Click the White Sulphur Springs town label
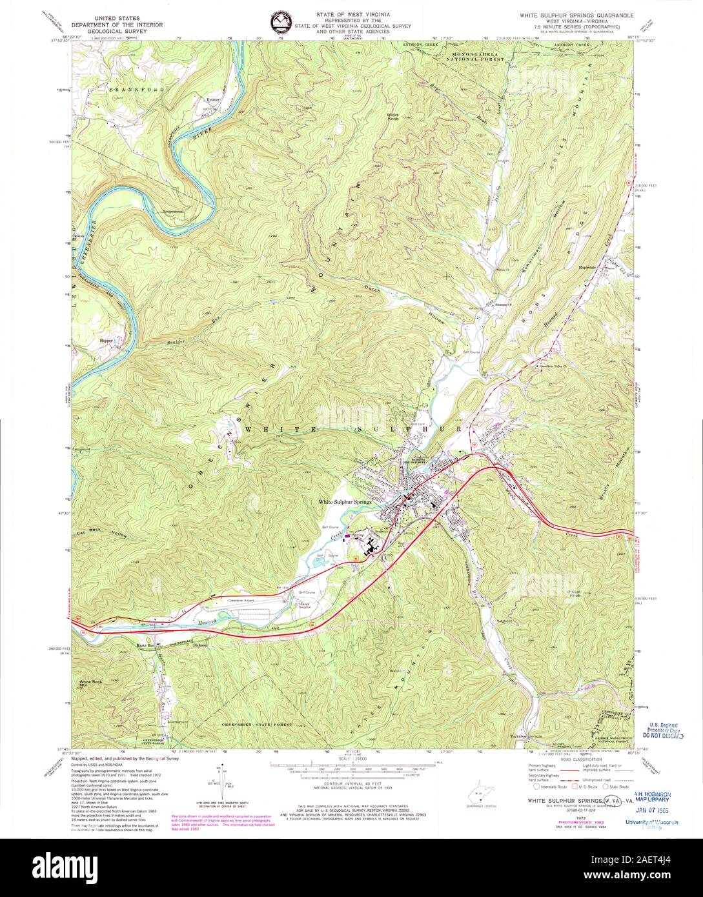pyautogui.click(x=345, y=502)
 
